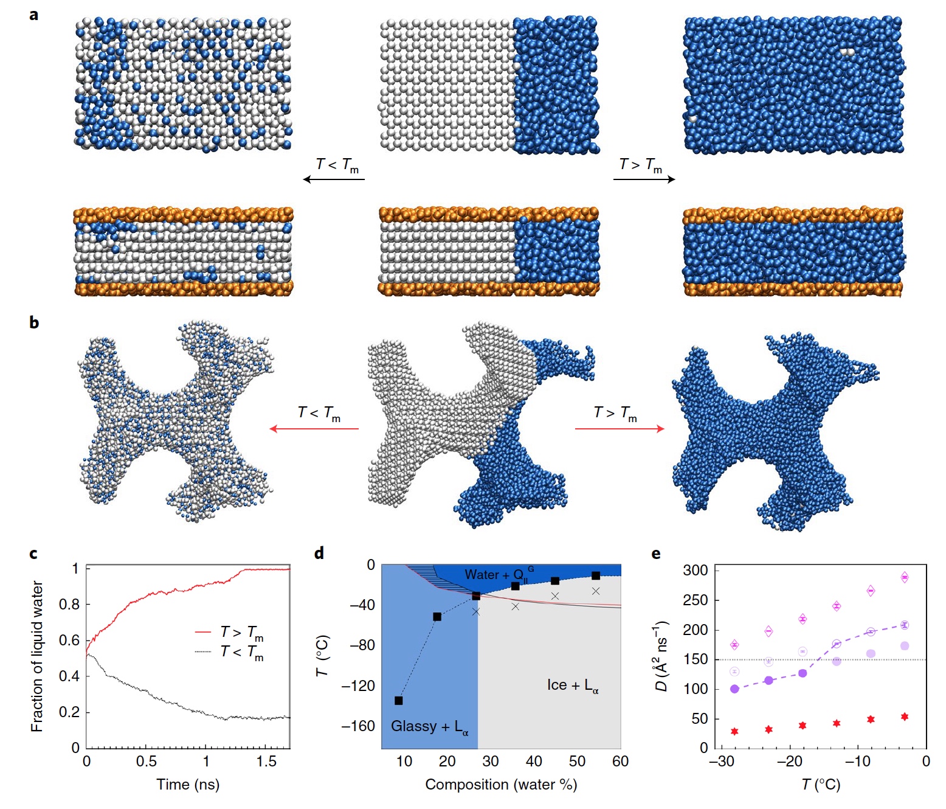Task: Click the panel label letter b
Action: click(34, 322)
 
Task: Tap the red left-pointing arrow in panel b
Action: click(314, 429)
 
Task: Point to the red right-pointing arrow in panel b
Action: click(620, 429)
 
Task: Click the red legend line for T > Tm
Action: click(202, 633)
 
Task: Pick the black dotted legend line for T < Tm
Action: click(202, 652)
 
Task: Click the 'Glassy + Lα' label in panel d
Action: click(429, 727)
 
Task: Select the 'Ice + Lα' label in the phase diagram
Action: click(572, 686)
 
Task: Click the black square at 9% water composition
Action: click(399, 701)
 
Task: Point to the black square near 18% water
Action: click(437, 617)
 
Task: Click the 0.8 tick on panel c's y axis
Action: click(71, 604)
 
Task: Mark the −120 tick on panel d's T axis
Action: click(358, 686)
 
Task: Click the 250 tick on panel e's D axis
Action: click(696, 600)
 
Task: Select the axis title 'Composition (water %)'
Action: click(501, 785)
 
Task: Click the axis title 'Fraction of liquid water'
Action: click(37, 656)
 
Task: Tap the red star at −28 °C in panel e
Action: click(734, 731)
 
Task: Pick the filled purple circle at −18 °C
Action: click(803, 673)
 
